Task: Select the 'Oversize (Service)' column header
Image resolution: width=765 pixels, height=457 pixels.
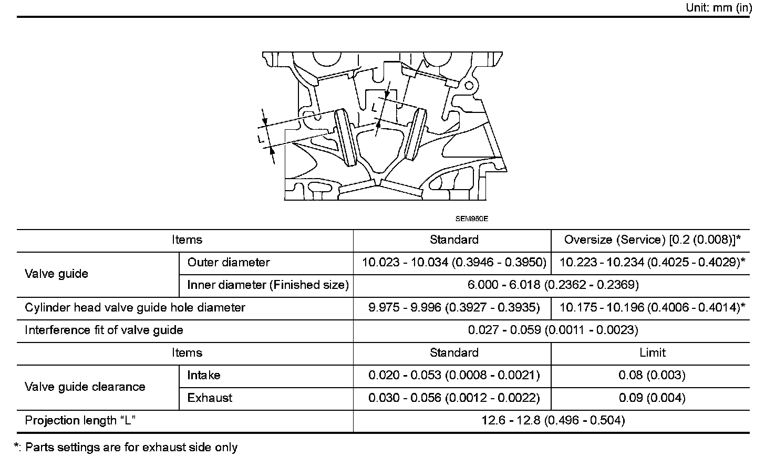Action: tap(652, 240)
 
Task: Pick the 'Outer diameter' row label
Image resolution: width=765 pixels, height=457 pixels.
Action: tap(229, 263)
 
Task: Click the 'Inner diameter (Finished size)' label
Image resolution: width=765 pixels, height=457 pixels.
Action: tap(268, 285)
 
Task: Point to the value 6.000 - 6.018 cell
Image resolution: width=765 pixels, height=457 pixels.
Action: tap(553, 285)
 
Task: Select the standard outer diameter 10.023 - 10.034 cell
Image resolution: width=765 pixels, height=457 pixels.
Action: tap(454, 263)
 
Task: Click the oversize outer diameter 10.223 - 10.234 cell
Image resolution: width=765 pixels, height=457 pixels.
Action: tap(652, 263)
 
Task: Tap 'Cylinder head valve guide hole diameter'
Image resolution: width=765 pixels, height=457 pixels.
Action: tap(135, 308)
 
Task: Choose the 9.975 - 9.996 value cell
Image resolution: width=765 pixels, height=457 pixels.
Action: tap(454, 308)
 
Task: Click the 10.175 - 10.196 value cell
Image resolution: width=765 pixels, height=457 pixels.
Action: tap(652, 308)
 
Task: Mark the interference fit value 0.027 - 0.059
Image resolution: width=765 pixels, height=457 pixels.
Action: tap(553, 330)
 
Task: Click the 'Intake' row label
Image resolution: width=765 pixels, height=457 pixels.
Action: tap(204, 376)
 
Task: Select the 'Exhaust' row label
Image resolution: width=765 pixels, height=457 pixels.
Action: tap(210, 398)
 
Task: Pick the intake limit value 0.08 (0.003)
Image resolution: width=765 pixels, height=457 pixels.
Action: tap(652, 376)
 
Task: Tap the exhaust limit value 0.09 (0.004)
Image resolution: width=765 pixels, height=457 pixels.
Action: tap(652, 398)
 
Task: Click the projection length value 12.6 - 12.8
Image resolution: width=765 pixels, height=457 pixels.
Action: tap(553, 421)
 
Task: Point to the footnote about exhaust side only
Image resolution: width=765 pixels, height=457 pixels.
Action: tap(126, 448)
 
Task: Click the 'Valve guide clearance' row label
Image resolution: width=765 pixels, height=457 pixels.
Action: tap(85, 387)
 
